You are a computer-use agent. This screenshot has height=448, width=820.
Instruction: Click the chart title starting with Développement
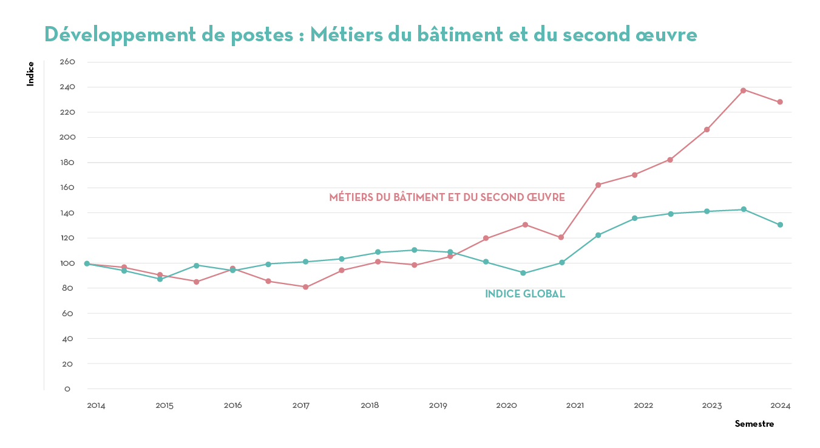pos(370,35)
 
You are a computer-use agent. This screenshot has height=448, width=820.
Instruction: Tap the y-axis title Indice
pos(30,73)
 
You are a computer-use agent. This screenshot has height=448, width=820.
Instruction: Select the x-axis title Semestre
pos(754,424)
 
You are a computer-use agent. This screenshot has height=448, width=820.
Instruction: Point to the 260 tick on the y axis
pos(67,62)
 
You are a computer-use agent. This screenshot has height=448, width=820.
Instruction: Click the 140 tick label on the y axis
pos(67,213)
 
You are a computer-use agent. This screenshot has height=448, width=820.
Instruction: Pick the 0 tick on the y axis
pos(67,389)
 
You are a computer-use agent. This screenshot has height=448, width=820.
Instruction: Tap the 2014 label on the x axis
pos(96,405)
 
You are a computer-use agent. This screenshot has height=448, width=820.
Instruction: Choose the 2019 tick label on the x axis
pos(438,405)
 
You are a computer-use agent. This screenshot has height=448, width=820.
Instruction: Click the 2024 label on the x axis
pos(781,405)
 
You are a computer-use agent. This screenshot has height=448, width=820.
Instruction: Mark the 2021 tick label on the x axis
pos(575,405)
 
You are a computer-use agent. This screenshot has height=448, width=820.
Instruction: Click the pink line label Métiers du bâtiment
pos(447,197)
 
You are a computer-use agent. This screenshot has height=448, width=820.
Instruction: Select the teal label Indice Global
pos(525,294)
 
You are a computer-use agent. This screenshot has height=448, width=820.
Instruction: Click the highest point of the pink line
pos(744,90)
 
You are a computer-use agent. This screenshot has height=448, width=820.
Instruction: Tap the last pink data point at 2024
pos(780,102)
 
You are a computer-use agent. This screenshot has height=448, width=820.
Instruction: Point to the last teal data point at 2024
pos(780,225)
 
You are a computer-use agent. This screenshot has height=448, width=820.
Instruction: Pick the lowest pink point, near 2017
pos(305,287)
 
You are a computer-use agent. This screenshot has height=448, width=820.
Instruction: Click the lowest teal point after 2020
pos(523,273)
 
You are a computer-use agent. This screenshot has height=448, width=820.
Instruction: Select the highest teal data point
pos(744,209)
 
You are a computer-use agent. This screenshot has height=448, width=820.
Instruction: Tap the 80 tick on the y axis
pos(67,288)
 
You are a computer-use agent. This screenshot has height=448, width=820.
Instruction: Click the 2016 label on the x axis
pos(233,405)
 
